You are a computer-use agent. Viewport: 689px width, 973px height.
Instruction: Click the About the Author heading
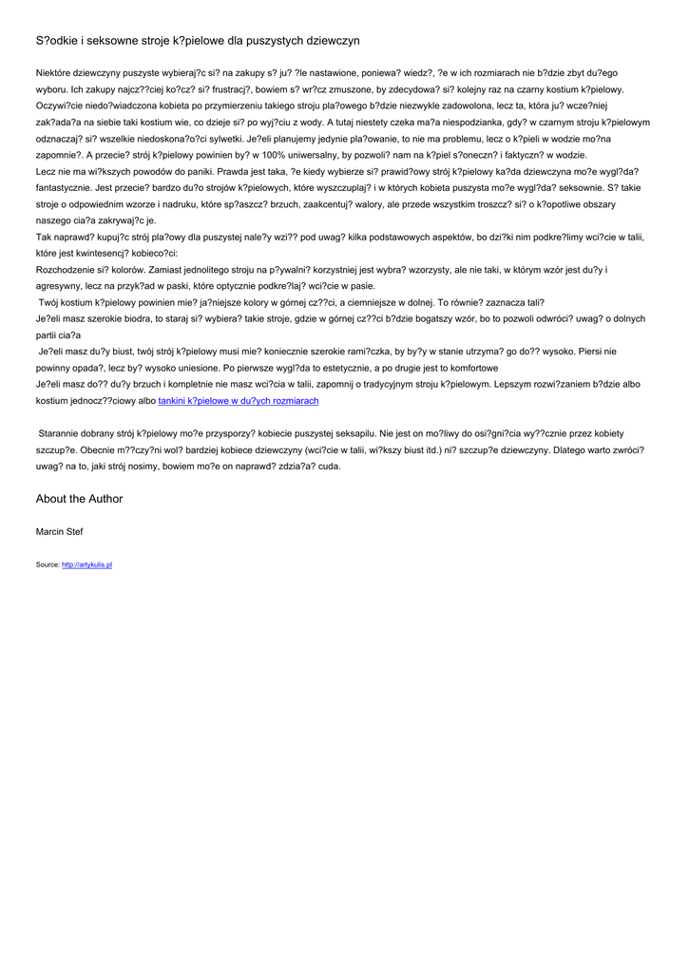point(79,499)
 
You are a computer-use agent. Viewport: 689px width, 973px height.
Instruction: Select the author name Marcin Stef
point(59,532)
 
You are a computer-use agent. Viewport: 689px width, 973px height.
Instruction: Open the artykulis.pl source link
point(87,564)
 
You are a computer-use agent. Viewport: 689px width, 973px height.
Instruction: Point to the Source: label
point(48,564)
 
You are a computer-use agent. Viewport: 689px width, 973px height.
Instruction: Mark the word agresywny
point(61,286)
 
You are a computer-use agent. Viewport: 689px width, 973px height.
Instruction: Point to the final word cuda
point(328,467)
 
